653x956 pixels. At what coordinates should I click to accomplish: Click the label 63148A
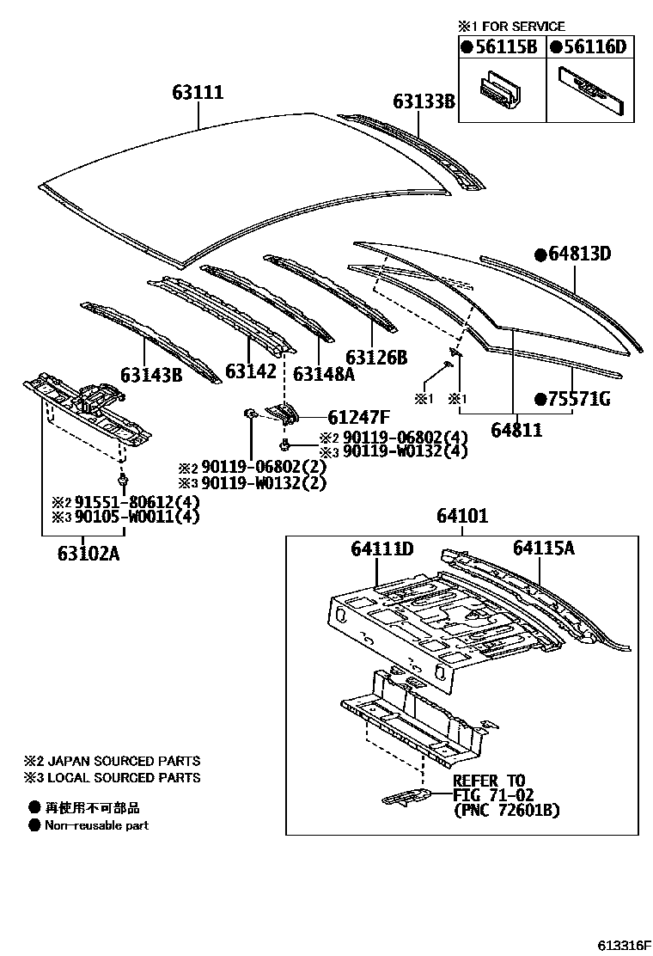coord(322,374)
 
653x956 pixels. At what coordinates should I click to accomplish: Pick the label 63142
coord(251,371)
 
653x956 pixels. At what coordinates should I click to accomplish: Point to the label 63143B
coord(151,375)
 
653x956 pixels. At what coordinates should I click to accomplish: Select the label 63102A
coord(83,554)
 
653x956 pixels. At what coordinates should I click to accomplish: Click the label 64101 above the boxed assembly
coord(461,517)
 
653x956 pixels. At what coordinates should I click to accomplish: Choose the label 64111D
coord(382,548)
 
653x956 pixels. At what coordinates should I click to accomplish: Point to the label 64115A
coord(545,548)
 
